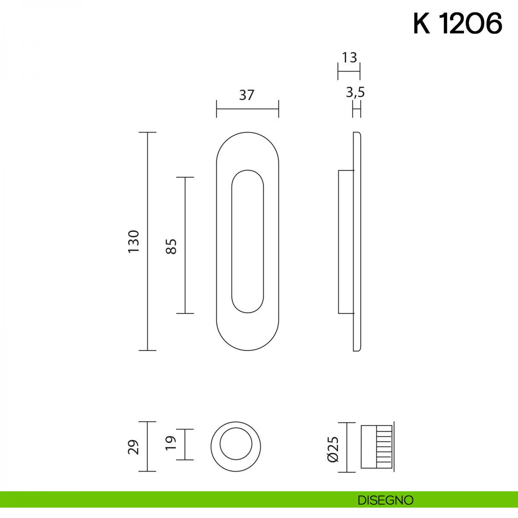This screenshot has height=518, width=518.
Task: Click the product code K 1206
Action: [x=458, y=23]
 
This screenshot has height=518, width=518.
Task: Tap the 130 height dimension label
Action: [x=133, y=241]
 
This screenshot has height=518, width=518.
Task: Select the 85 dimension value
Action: [x=171, y=246]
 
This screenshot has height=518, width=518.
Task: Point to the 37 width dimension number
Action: [x=246, y=95]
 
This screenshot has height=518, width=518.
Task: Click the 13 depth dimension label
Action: [x=349, y=57]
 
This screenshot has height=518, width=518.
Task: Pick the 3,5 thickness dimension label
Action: [x=355, y=92]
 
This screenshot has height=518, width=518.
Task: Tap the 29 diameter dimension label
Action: [x=133, y=447]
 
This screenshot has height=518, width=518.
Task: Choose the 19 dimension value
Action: [x=171, y=443]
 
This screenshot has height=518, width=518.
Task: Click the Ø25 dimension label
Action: [x=333, y=449]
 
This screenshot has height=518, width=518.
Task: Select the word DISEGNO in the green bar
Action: [x=385, y=500]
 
